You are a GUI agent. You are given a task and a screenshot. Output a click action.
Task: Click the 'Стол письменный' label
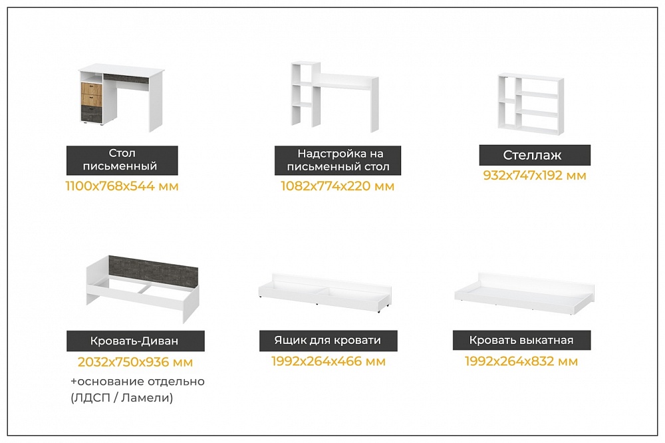(122, 160)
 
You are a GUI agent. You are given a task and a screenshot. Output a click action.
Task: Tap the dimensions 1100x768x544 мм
(122, 186)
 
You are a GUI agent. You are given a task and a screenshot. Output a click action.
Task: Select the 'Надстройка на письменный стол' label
(338, 160)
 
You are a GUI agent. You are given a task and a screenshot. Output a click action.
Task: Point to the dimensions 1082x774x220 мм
(338, 186)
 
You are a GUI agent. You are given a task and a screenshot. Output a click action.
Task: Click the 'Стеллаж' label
(535, 155)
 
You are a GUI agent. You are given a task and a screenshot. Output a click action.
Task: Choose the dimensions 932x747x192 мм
(535, 175)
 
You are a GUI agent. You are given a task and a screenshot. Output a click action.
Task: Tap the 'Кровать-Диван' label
(135, 341)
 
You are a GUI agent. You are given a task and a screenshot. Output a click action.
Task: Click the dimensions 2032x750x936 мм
(135, 362)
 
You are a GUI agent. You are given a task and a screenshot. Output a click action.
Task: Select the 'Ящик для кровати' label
(329, 341)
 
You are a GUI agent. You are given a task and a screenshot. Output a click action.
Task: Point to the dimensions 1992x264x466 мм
(329, 362)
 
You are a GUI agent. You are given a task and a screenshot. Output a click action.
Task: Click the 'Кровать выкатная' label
(521, 341)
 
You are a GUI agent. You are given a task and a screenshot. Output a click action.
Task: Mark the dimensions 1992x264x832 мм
(521, 362)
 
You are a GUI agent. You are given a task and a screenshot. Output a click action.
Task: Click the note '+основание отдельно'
(138, 382)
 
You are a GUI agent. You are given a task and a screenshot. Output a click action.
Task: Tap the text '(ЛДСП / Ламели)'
(122, 398)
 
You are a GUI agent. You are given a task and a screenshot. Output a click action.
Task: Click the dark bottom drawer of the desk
(92, 114)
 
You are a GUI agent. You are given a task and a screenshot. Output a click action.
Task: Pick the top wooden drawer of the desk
(92, 89)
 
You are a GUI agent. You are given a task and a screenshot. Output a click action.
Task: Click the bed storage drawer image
(325, 293)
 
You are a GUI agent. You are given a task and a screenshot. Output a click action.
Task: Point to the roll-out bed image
(524, 293)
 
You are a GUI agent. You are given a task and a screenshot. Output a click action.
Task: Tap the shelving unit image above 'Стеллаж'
(531, 104)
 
